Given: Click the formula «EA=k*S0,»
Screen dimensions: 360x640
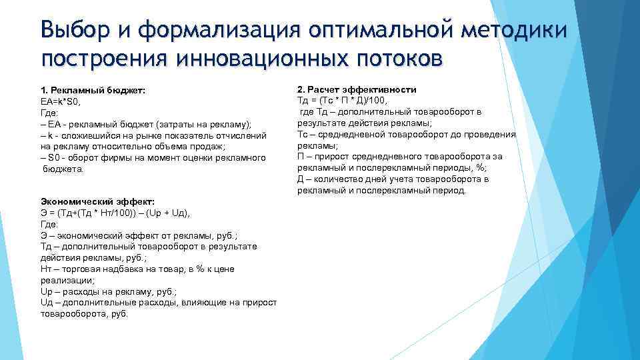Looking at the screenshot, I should tap(61, 101).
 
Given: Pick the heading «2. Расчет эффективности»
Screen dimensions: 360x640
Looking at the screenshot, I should tap(357, 89).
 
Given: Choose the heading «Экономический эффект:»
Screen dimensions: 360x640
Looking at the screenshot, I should tap(97, 201).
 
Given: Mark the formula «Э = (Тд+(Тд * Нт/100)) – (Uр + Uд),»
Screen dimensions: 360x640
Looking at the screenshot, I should tap(115, 213).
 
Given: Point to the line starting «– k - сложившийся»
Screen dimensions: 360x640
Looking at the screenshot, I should tap(153, 135).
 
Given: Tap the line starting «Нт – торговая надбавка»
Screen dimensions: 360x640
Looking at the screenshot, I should tap(137, 269).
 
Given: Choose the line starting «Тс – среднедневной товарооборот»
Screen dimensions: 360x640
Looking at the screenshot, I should tap(407, 135).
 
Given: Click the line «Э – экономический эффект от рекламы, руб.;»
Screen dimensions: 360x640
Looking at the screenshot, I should tap(139, 235).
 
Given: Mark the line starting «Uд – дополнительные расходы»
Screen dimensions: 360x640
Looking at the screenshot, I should tap(159, 303).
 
